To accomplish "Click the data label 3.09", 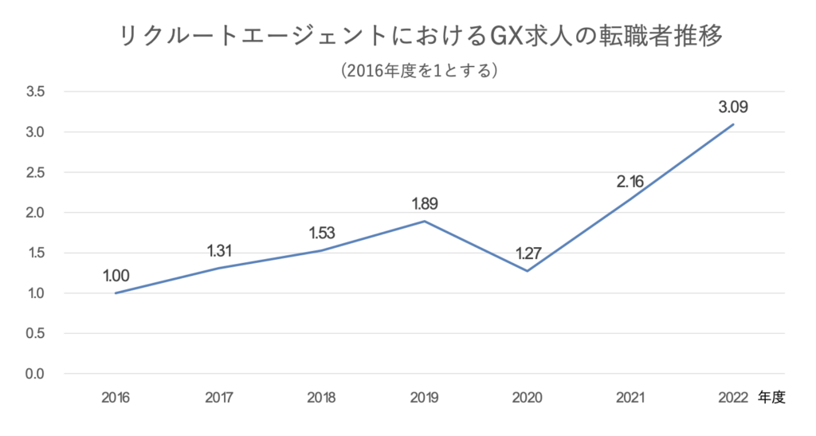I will [733, 106].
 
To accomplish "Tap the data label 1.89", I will [425, 203].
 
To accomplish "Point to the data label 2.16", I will [630, 181].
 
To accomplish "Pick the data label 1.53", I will [322, 233].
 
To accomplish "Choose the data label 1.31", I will [219, 251].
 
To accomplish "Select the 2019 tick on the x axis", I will [425, 396].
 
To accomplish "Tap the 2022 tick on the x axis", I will [733, 396].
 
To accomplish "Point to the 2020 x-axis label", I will [528, 396].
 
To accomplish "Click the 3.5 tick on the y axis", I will [35, 92].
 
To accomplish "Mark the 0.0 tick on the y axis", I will [35, 374].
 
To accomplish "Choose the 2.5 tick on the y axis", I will [35, 172].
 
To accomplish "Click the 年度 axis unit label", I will [771, 396].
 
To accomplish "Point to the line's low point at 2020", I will [528, 271].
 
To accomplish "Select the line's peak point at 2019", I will [425, 221].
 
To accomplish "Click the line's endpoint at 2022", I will [733, 124].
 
